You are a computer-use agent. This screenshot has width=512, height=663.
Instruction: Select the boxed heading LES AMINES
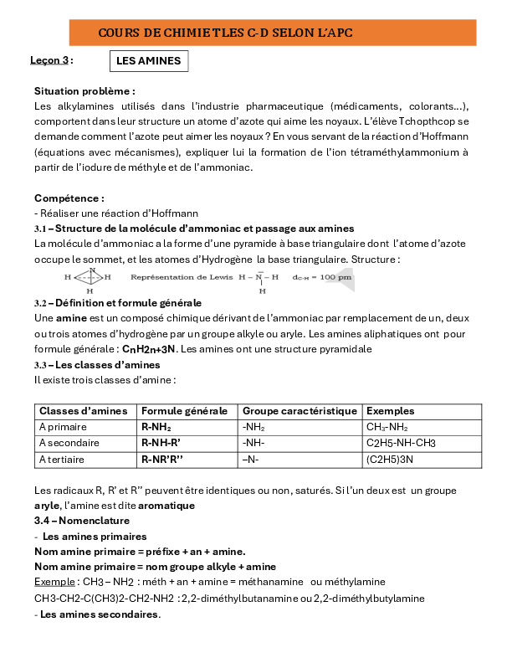point(147,61)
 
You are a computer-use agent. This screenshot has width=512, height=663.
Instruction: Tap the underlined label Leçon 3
point(49,60)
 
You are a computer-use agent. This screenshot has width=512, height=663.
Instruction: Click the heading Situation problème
point(84,90)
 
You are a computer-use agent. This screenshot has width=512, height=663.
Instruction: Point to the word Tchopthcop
point(427,121)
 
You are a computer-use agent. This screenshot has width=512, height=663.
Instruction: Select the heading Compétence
point(69,198)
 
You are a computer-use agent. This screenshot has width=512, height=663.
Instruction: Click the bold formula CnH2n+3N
point(150,349)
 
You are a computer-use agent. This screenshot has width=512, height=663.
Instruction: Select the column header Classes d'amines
point(83,411)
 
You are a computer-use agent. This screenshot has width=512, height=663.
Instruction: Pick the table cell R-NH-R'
point(162,443)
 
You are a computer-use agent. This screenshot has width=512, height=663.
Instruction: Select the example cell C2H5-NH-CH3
point(402,443)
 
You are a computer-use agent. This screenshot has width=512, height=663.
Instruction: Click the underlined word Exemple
point(54,581)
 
